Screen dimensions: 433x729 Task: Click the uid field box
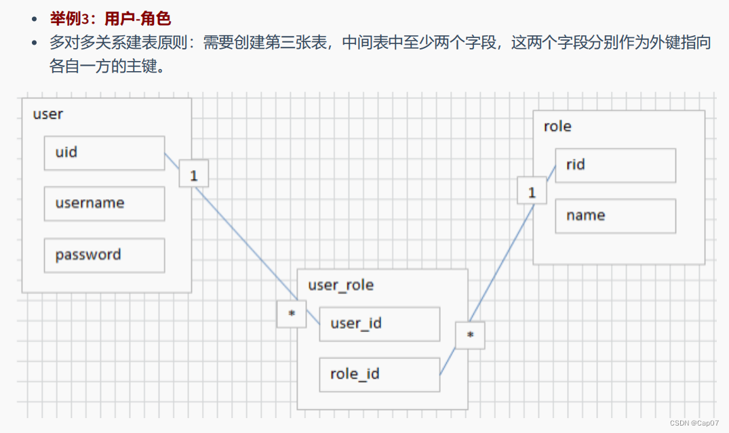[x=104, y=152]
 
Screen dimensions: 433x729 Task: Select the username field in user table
[x=104, y=203]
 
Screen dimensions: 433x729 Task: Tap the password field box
[x=104, y=255]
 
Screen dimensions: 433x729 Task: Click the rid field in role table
[x=615, y=165]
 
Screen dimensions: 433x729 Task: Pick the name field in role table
[x=615, y=215]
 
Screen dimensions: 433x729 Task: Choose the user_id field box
[x=379, y=323]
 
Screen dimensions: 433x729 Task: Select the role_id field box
[x=379, y=374]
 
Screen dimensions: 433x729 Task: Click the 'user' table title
[x=47, y=114]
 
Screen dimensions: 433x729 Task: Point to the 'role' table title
[x=557, y=126]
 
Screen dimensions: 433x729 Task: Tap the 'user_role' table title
[x=340, y=285]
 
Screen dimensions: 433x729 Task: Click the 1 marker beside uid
[x=194, y=176]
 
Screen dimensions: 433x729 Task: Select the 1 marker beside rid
[x=532, y=192]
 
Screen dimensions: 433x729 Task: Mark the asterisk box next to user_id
[x=292, y=314]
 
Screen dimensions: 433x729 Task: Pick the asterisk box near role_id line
[x=470, y=335]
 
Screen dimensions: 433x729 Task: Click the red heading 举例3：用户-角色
[x=111, y=18]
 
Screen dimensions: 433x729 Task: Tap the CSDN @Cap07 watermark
[x=698, y=422]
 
